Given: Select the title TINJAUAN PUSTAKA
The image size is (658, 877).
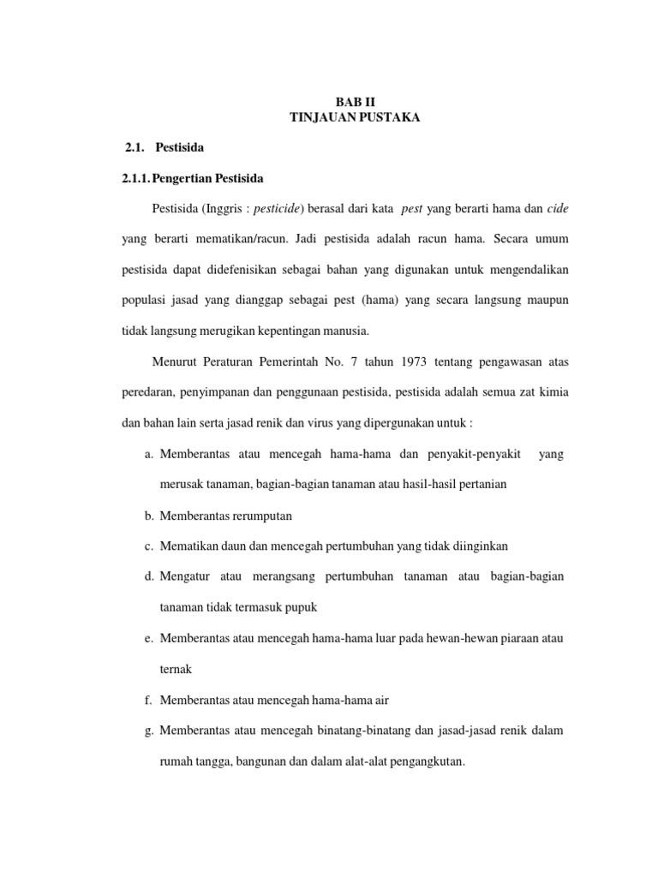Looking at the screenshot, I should [x=355, y=117].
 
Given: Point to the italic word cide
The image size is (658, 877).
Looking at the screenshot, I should [x=558, y=208].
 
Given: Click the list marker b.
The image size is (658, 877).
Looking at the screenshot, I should [x=149, y=516].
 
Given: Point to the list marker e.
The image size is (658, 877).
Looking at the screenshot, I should [x=149, y=639].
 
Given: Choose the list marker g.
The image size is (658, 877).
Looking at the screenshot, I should [x=149, y=731].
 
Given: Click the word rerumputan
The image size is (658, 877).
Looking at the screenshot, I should [x=264, y=516].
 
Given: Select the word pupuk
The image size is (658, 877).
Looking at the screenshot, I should [x=298, y=608].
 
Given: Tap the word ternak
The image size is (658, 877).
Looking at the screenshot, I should [x=176, y=670].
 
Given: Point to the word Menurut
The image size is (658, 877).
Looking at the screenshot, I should [x=175, y=362].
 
